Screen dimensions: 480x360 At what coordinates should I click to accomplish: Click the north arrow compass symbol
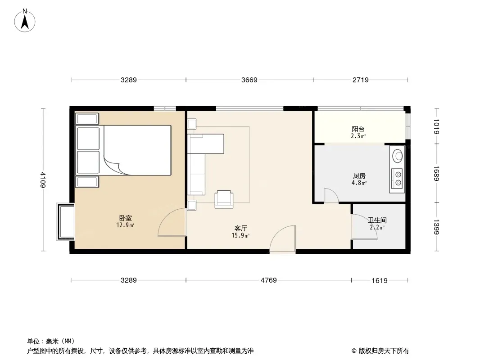pyautogui.click(x=25, y=21)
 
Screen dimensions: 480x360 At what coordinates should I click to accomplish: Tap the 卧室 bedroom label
pyautogui.click(x=126, y=218)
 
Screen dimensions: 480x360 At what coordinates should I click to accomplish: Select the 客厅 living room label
pyautogui.click(x=240, y=228)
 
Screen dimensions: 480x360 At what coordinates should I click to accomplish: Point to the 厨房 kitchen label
pyautogui.click(x=359, y=176)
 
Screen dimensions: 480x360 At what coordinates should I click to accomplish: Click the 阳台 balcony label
pyautogui.click(x=358, y=129)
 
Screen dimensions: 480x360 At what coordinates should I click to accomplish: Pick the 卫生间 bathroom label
pyautogui.click(x=377, y=220)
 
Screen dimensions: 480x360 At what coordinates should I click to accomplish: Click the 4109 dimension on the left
pyautogui.click(x=43, y=180)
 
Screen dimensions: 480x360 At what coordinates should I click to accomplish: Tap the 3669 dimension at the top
pyautogui.click(x=249, y=80)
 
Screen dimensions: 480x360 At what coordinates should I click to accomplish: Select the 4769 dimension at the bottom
pyautogui.click(x=268, y=280)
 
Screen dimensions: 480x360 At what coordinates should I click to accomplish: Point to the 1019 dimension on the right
pyautogui.click(x=436, y=126)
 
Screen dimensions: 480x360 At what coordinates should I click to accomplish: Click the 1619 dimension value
pyautogui.click(x=380, y=280)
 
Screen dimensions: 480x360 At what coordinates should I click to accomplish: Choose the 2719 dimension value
pyautogui.click(x=360, y=80)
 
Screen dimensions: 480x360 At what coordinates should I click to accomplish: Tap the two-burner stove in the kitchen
pyautogui.click(x=397, y=179)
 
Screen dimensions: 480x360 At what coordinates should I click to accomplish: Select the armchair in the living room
pyautogui.click(x=224, y=199)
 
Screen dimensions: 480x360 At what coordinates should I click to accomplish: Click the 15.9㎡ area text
pyautogui.click(x=240, y=235)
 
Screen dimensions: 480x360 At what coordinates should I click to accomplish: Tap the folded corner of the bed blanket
pyautogui.click(x=114, y=166)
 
